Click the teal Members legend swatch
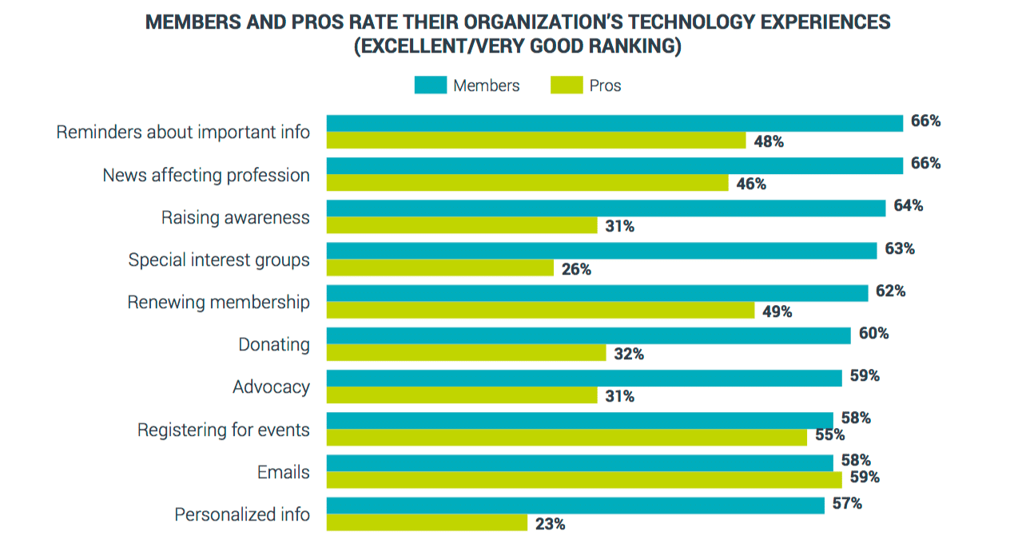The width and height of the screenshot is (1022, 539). pyautogui.click(x=430, y=85)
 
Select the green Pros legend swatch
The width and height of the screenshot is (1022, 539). pyautogui.click(x=566, y=85)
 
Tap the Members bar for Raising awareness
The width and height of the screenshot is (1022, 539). pyautogui.click(x=606, y=208)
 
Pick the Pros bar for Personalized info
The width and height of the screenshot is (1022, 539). pyautogui.click(x=427, y=522)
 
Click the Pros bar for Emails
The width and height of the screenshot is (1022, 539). pyautogui.click(x=584, y=480)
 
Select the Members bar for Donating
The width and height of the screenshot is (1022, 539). pyautogui.click(x=588, y=335)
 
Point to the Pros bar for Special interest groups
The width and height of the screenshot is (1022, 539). pyautogui.click(x=440, y=268)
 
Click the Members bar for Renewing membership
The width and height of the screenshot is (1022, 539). pyautogui.click(x=597, y=293)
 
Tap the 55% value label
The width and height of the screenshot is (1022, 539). pyautogui.click(x=829, y=436)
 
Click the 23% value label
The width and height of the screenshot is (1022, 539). pyautogui.click(x=550, y=525)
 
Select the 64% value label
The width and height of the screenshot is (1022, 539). pyautogui.click(x=908, y=206)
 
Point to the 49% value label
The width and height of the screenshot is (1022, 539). pyautogui.click(x=777, y=312)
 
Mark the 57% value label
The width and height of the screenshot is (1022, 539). pyautogui.click(x=847, y=504)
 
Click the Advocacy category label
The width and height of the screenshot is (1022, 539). pyautogui.click(x=271, y=387)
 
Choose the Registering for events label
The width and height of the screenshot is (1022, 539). pyautogui.click(x=223, y=430)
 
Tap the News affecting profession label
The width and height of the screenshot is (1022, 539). pyautogui.click(x=206, y=176)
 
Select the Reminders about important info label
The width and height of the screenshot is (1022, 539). pyautogui.click(x=183, y=133)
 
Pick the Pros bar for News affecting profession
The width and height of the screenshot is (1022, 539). pyautogui.click(x=527, y=183)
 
